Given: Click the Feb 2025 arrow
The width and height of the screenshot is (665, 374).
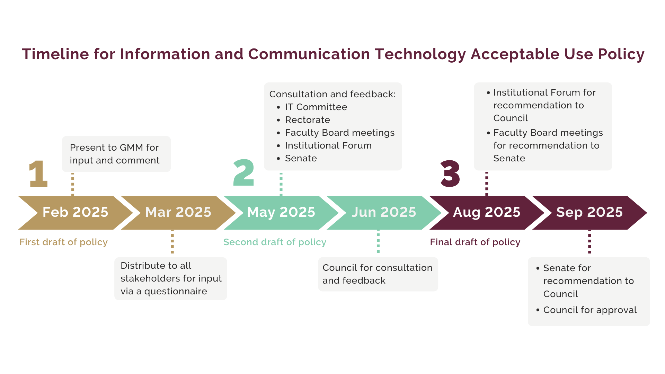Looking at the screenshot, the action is point(76,213).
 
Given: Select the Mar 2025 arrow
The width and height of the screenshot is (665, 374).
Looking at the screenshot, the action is point(178,213).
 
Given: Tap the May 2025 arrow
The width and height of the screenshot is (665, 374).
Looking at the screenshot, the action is point(281,213).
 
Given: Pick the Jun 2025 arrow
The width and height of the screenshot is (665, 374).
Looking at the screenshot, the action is point(384,213).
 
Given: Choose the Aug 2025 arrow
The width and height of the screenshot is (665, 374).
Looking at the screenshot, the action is point(487,213).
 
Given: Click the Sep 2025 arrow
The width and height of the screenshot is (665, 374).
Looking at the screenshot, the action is point(589,213).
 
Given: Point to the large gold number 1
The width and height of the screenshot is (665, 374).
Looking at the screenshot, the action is point(38,173).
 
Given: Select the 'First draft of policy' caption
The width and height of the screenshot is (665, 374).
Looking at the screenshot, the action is point(63,242).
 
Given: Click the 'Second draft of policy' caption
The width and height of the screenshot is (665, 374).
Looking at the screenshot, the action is point(275,242).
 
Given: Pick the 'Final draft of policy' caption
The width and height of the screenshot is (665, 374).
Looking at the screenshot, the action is point(475,242).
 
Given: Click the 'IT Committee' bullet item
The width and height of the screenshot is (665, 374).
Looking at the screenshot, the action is point(316,107).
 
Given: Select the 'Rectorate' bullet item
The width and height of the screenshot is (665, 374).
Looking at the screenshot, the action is point(308,120).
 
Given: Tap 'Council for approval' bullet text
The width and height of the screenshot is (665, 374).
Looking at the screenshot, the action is point(590,310).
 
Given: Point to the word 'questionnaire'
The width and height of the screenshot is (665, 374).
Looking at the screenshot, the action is point(176,292).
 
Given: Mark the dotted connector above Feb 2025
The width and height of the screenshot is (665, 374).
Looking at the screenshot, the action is point(73,184).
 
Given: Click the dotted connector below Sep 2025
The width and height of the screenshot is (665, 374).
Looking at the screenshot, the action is point(589,242).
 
